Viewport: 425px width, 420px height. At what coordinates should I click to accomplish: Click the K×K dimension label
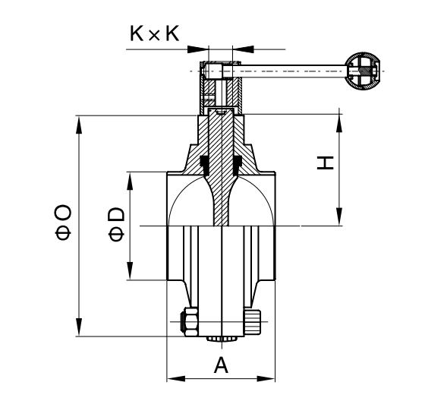click(155, 33)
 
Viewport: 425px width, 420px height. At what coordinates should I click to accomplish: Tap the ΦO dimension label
click(63, 223)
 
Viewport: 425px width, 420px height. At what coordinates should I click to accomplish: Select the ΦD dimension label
click(116, 224)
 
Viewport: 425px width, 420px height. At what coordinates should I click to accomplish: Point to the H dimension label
click(326, 163)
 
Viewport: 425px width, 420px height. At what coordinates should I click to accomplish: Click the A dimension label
click(221, 365)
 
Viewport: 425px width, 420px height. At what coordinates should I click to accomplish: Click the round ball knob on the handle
click(363, 71)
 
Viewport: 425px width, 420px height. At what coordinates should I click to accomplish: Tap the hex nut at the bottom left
click(189, 322)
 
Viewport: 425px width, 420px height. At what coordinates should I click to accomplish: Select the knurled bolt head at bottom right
click(253, 322)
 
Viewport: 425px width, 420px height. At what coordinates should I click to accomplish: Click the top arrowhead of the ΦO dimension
click(79, 125)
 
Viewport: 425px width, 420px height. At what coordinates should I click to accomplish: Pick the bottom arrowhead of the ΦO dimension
click(79, 327)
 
